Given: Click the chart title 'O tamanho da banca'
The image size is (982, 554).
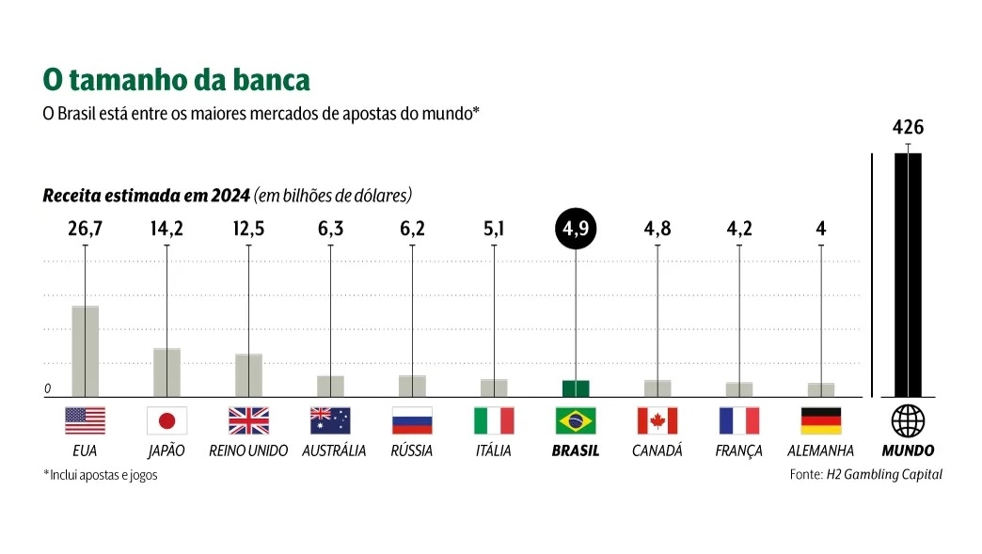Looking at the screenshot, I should pos(177,80).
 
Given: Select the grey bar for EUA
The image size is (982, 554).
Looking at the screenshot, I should pos(85,351).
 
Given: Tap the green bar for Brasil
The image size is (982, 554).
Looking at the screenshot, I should pos(576,388).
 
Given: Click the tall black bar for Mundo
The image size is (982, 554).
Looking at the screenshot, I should pos(908,275).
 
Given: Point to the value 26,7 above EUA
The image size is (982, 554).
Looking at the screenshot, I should pos(85,229).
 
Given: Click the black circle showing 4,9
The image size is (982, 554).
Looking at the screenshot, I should pos(576,229).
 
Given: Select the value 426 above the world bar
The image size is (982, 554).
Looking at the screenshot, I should pos(908,127).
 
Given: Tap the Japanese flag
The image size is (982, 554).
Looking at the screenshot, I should pos(167,419).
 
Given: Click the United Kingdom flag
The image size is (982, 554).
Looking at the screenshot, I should pos(248,419).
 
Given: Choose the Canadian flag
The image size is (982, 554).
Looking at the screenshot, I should pos(657,419).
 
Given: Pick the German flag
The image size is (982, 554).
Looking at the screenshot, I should pos(821,419).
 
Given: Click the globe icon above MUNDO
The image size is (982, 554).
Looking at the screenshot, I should pos(908,420).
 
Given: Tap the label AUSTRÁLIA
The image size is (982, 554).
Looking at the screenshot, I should pos(334,451).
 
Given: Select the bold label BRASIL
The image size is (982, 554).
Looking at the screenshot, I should pos(576,451).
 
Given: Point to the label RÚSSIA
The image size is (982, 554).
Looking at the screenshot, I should pos(412,451).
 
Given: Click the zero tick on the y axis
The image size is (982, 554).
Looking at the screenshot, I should pos(47,388).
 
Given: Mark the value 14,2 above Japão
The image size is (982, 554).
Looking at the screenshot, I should pos(167,229).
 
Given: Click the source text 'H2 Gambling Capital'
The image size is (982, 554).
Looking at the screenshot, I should pos(884,475).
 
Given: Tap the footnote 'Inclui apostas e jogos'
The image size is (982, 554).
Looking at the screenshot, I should pos(103,475).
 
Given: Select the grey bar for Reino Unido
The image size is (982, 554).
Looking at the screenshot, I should pos(248,375).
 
